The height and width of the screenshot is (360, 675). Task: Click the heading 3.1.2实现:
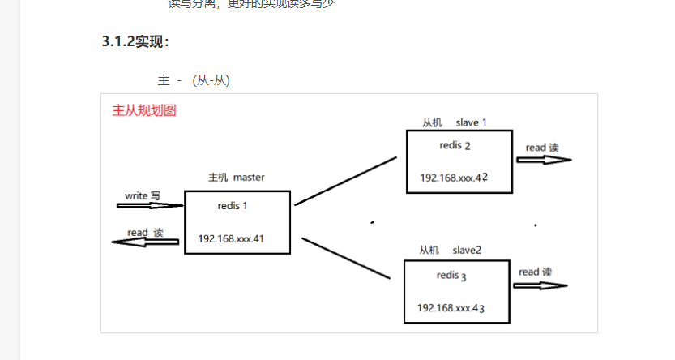pyautogui.click(x=135, y=42)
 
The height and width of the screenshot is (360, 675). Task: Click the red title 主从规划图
pyautogui.click(x=143, y=110)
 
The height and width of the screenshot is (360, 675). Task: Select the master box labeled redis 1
pyautogui.click(x=237, y=221)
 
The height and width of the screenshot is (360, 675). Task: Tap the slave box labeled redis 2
pyautogui.click(x=458, y=161)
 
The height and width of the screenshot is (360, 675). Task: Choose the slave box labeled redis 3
pyautogui.click(x=456, y=291)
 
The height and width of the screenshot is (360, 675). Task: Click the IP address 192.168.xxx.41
pyautogui.click(x=231, y=239)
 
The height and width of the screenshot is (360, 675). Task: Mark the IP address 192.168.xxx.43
pyautogui.click(x=451, y=308)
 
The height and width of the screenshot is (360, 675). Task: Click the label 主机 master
pyautogui.click(x=236, y=177)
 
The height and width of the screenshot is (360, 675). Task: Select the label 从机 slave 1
pyautogui.click(x=454, y=122)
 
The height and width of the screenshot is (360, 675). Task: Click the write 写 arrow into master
pyautogui.click(x=149, y=206)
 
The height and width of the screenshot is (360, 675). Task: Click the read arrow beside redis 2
pyautogui.click(x=544, y=160)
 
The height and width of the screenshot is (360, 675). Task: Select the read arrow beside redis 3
pyautogui.click(x=540, y=285)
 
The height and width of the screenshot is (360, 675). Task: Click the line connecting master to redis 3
pyautogui.click(x=346, y=259)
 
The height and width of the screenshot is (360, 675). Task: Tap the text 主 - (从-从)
pyautogui.click(x=194, y=80)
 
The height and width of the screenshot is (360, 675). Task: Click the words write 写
pyautogui.click(x=143, y=196)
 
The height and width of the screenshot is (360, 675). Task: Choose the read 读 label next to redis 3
pyautogui.click(x=535, y=272)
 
